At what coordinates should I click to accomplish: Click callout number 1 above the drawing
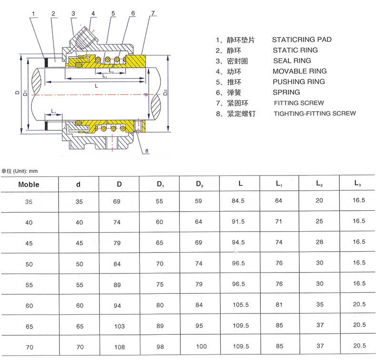pos(33,14)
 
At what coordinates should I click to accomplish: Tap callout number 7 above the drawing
pos(153,13)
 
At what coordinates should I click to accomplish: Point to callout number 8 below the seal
pos(147,151)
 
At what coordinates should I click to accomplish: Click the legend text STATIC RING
pos(295,50)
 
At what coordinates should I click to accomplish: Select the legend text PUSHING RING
pos(299,82)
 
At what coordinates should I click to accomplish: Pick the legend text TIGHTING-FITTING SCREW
pos(315,113)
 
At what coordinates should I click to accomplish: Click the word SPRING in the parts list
pos(287,92)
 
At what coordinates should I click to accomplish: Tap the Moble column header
pos(29,185)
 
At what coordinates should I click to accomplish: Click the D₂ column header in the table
pos(199,184)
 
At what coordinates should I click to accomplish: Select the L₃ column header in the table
pos(357,184)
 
